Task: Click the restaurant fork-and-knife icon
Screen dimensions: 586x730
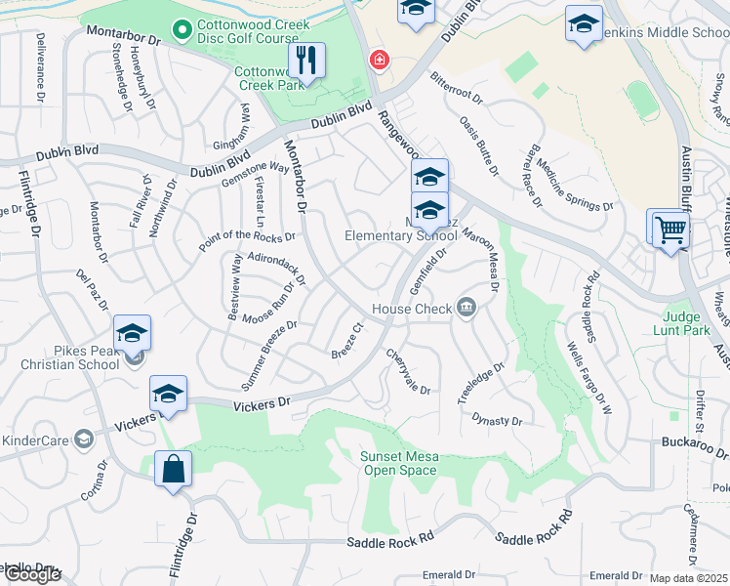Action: point(307,61)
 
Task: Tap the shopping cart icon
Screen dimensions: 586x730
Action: point(671,230)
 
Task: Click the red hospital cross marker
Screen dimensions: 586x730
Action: point(378,61)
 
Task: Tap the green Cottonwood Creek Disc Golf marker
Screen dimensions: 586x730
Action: point(180,31)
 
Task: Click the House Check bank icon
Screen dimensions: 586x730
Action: point(466,309)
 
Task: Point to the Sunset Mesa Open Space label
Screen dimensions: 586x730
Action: point(399,463)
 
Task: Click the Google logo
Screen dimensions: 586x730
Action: point(32,574)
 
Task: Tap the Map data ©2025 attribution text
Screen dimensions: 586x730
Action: point(688,578)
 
